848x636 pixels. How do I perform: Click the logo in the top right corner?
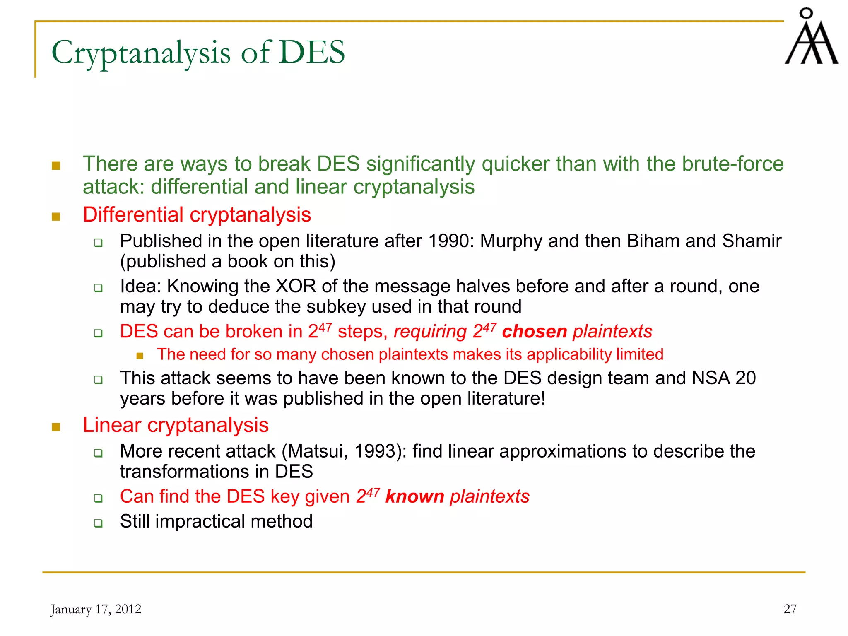point(811,37)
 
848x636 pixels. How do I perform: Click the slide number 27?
point(790,609)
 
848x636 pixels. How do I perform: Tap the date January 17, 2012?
point(96,609)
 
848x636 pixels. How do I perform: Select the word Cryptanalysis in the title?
point(141,53)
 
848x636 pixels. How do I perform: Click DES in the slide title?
point(312,52)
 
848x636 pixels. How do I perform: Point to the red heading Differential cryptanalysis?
point(197,215)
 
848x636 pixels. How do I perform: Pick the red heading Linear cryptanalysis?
point(176,425)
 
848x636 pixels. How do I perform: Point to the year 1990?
point(450,241)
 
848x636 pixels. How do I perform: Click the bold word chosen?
point(534,332)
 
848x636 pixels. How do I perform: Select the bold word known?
point(414,496)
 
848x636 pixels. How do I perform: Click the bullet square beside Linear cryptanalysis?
point(56,427)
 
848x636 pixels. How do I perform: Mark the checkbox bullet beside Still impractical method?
point(98,523)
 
